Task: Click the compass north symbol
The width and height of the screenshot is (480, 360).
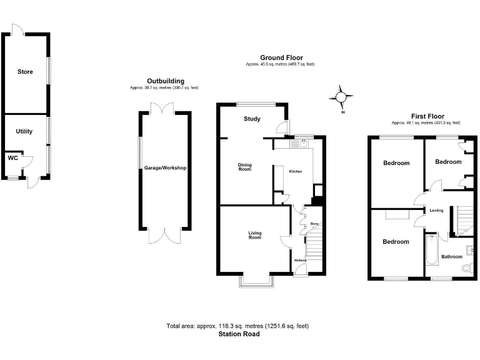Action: (341, 97)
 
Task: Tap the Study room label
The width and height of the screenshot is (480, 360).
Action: (252, 119)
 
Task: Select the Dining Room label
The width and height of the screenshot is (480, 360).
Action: (244, 167)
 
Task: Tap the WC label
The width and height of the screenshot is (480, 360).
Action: (12, 158)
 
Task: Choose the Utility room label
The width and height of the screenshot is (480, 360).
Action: (24, 131)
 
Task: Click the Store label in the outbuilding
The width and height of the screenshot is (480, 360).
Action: (25, 72)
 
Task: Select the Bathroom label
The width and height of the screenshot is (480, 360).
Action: (452, 257)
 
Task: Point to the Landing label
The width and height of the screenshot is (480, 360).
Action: (436, 211)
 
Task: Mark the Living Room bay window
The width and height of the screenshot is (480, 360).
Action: (256, 281)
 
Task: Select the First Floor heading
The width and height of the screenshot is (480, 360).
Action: (427, 116)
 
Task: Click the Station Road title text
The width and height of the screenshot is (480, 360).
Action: (239, 334)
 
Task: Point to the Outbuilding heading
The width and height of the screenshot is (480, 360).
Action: (165, 81)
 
